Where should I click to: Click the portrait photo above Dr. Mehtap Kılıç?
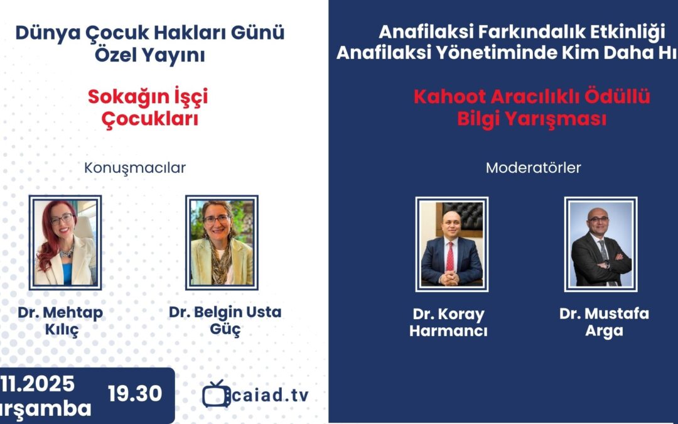pyautogui.click(x=65, y=242)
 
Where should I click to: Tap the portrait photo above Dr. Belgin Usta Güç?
pyautogui.click(x=222, y=242)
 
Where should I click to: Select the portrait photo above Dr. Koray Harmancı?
pyautogui.click(x=452, y=244)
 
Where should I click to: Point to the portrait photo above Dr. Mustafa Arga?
pyautogui.click(x=601, y=244)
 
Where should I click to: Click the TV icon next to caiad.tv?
pyautogui.click(x=216, y=394)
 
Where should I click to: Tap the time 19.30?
pyautogui.click(x=135, y=393)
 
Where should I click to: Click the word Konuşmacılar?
pyautogui.click(x=135, y=168)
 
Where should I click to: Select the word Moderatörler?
pyautogui.click(x=533, y=168)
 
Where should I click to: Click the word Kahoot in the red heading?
pyautogui.click(x=449, y=97)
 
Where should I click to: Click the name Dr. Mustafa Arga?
pyautogui.click(x=604, y=322)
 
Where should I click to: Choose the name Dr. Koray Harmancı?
pyautogui.click(x=448, y=322)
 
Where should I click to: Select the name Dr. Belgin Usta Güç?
pyautogui.click(x=225, y=320)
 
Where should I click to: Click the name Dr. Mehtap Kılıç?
pyautogui.click(x=60, y=321)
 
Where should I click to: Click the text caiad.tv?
pyautogui.click(x=271, y=394)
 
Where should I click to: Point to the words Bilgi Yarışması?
pyautogui.click(x=532, y=119)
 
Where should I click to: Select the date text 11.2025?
pyautogui.click(x=37, y=384)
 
